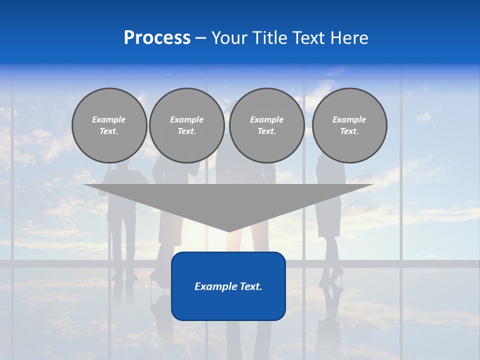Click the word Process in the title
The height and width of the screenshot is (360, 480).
tap(157, 38)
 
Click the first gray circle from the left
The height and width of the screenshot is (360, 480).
tap(109, 125)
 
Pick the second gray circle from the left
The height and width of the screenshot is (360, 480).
tap(186, 125)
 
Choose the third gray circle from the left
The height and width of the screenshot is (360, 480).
tap(266, 125)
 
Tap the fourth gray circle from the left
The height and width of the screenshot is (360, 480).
tap(349, 125)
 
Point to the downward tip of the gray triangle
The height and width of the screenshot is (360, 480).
tap(229, 231)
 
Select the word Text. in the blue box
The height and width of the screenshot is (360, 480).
tap(250, 286)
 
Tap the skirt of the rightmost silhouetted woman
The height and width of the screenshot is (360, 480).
tap(328, 217)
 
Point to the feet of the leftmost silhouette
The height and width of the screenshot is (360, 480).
tap(123, 275)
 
